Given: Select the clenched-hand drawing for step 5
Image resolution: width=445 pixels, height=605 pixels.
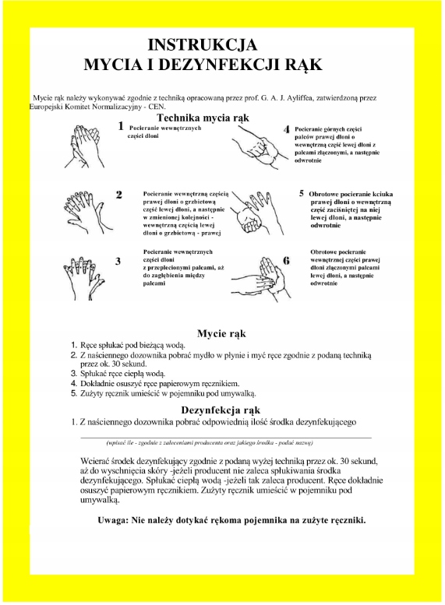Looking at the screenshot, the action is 260,210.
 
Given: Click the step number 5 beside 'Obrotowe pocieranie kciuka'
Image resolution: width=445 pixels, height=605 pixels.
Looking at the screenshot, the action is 302,191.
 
